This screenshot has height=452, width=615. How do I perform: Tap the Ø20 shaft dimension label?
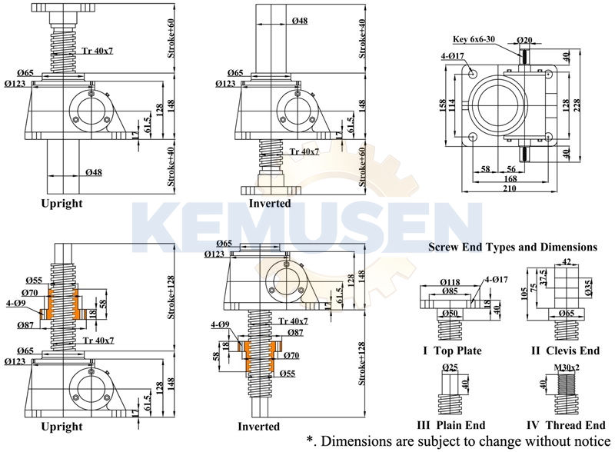coord(525,38)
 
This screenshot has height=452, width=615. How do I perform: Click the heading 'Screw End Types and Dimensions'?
coord(514,248)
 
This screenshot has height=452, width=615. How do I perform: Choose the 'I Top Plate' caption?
coord(452,351)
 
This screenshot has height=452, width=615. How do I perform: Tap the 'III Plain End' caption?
coord(452,425)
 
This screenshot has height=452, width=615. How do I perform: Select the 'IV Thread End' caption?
coord(567,425)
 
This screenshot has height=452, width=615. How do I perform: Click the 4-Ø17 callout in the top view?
coord(452,55)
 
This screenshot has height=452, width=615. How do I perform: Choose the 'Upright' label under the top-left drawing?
coord(61,204)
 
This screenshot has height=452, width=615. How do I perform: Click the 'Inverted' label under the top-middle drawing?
coord(269,204)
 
